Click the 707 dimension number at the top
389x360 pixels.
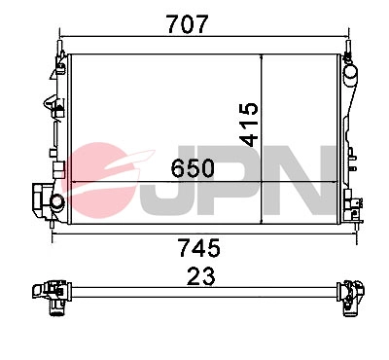194,24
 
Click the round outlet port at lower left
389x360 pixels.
55,201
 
